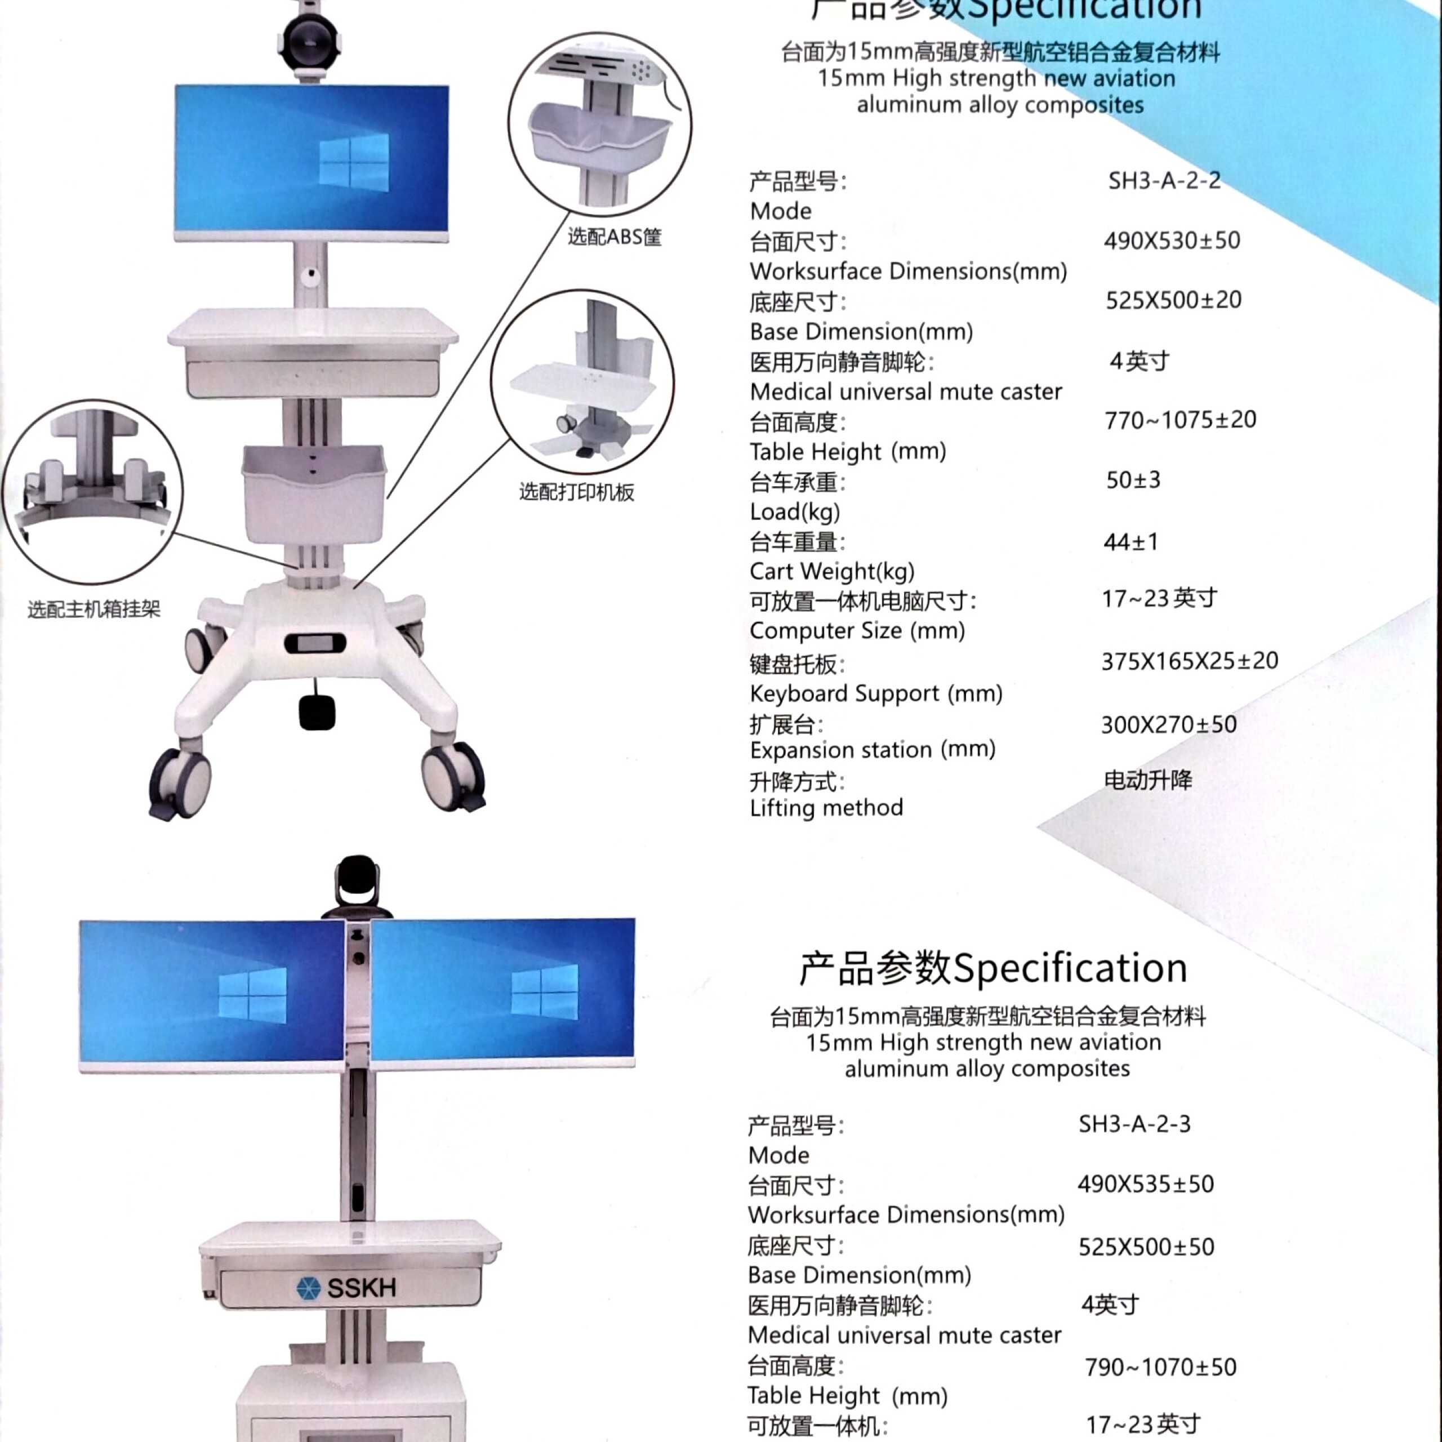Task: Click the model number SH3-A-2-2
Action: pyautogui.click(x=1164, y=181)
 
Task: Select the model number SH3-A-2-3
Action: pyautogui.click(x=1134, y=1124)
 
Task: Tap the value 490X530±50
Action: pyautogui.click(x=1172, y=241)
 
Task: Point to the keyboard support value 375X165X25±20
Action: pyautogui.click(x=1190, y=661)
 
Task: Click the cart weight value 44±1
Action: pyautogui.click(x=1131, y=541)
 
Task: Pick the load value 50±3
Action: pyautogui.click(x=1133, y=480)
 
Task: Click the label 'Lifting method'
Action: pyautogui.click(x=826, y=808)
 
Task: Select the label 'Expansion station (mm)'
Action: pyautogui.click(x=873, y=749)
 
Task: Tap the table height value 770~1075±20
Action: pyautogui.click(x=1180, y=420)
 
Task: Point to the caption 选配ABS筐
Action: pyautogui.click(x=615, y=237)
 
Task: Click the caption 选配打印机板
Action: pyautogui.click(x=576, y=492)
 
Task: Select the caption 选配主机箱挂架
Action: pyautogui.click(x=94, y=609)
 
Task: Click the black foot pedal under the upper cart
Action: pyautogui.click(x=317, y=712)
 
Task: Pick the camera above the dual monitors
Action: pyautogui.click(x=357, y=888)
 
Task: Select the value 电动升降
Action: pyautogui.click(x=1148, y=780)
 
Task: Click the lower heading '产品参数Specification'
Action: pyautogui.click(x=993, y=968)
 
